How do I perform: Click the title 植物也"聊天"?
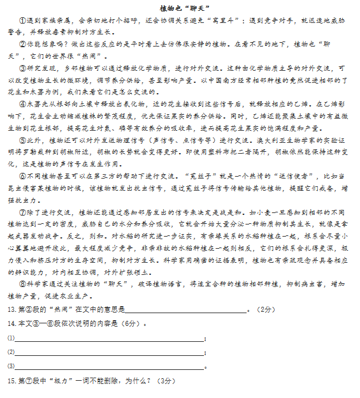[x=180, y=8]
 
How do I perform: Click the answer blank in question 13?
[x=185, y=311]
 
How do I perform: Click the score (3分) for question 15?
[x=165, y=381]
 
